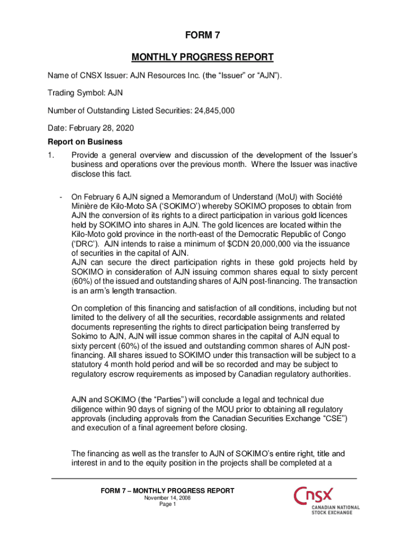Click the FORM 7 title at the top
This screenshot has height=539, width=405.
(x=202, y=36)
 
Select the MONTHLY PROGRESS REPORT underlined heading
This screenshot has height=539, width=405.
(x=202, y=57)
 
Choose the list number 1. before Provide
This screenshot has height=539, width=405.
(x=51, y=156)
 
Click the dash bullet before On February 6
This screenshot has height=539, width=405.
(x=61, y=198)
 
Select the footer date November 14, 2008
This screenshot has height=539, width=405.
(x=167, y=497)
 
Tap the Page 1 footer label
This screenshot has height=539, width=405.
(x=167, y=504)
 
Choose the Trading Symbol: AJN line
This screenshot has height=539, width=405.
(x=85, y=93)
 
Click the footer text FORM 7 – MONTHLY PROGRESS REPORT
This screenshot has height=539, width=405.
(x=167, y=491)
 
